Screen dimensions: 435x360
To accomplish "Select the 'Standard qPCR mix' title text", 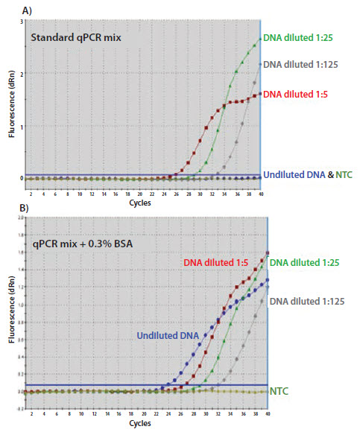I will (x=71, y=37).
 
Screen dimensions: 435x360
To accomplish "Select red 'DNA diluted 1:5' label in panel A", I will (x=303, y=94).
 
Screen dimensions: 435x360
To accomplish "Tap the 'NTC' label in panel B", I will (x=279, y=389).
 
